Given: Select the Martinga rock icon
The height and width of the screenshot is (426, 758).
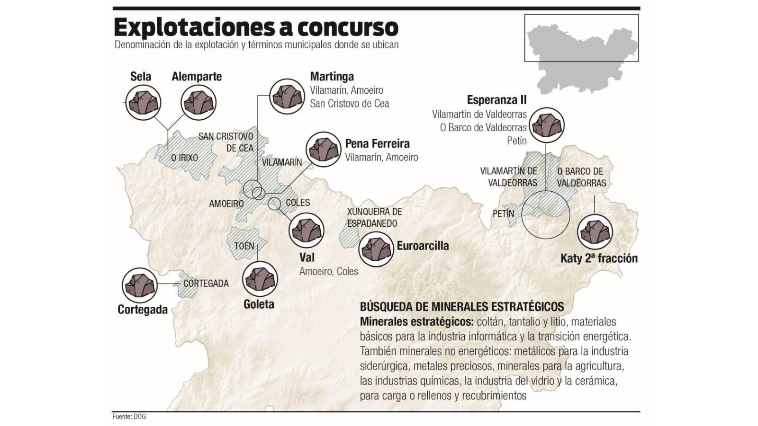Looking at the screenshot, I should click(x=286, y=96).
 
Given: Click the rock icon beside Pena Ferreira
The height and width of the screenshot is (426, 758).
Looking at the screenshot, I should click(x=324, y=149).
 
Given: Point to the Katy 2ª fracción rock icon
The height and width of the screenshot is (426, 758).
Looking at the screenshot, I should click(x=595, y=232).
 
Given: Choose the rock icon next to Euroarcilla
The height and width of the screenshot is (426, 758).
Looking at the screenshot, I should click(x=377, y=249).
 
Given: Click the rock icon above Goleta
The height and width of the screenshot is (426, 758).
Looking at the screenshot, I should click(x=260, y=279).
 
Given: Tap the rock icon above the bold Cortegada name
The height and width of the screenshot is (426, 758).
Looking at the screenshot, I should click(x=139, y=284).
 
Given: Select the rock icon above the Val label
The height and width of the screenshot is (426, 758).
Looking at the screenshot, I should click(x=306, y=230).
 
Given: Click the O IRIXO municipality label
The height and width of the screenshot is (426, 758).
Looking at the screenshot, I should click(x=184, y=158).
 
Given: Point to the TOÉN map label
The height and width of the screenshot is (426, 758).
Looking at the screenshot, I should click(x=244, y=246).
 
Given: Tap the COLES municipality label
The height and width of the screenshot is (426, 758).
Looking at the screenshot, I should click(x=298, y=203).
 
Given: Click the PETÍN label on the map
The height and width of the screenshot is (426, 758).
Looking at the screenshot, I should click(x=503, y=213).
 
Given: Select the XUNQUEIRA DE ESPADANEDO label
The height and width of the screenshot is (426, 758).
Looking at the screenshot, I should click(x=374, y=217).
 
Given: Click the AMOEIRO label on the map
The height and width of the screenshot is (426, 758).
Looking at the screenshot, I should click(x=226, y=204).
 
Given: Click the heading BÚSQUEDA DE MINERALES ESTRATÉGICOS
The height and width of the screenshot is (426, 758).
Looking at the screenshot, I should click(x=462, y=306).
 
